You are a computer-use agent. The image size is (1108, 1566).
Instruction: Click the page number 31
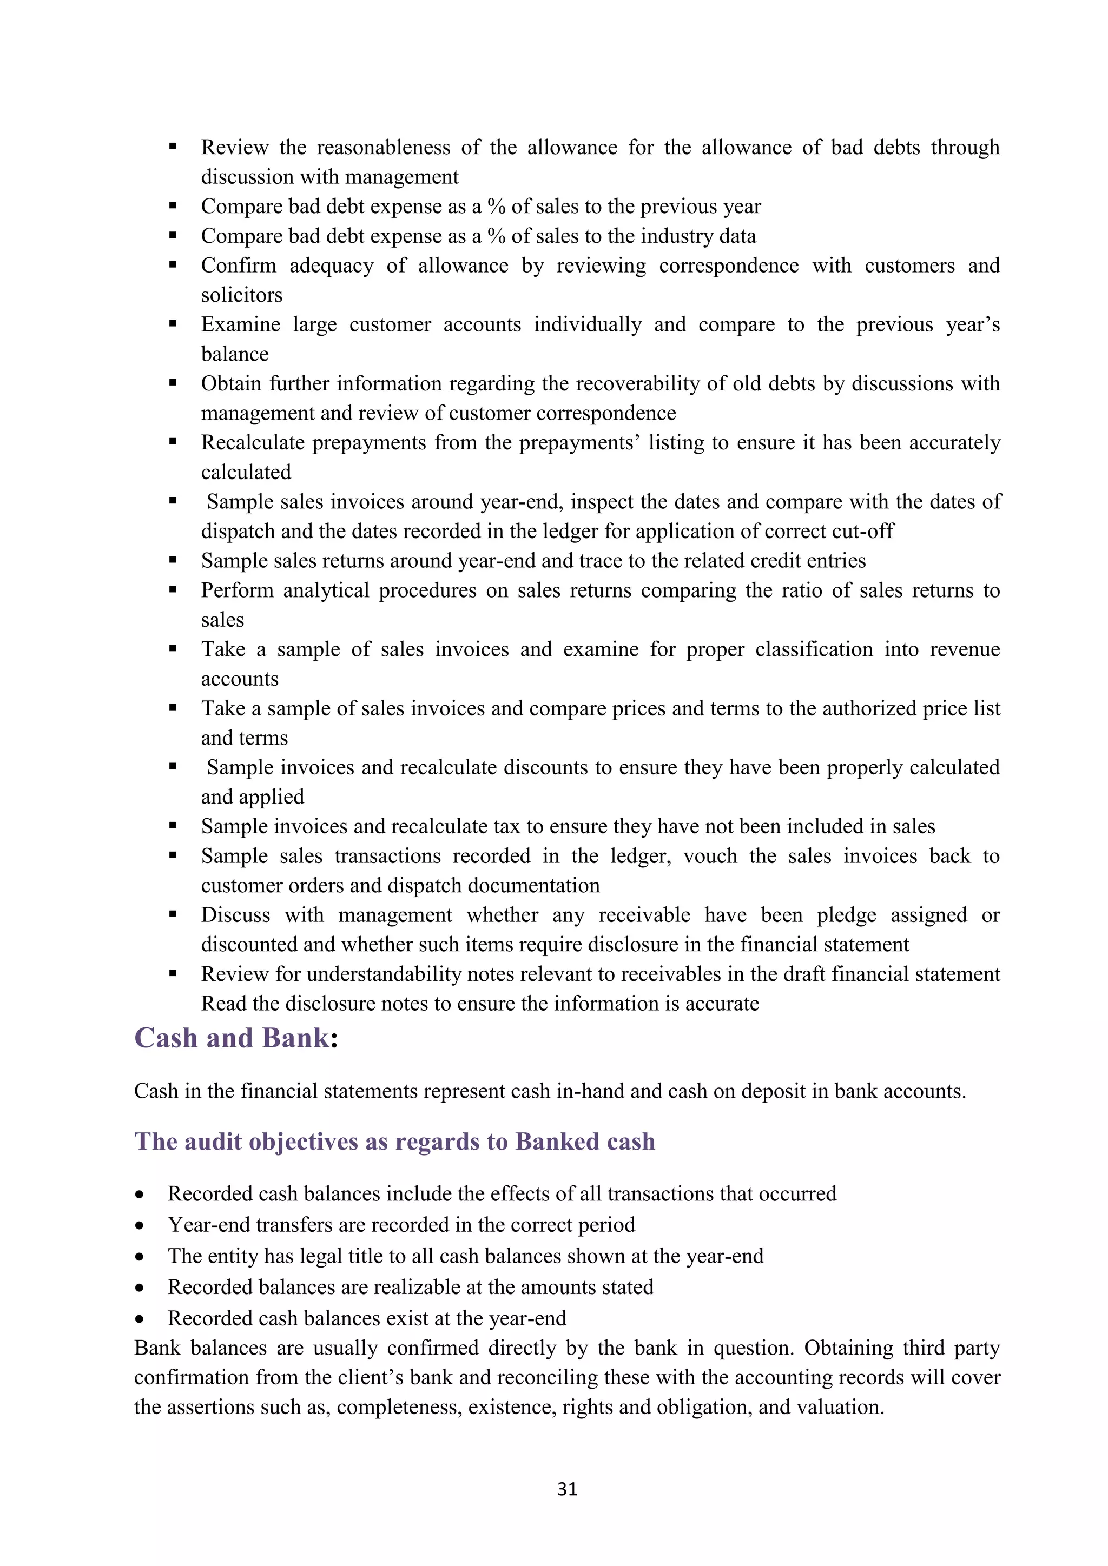click(x=567, y=1489)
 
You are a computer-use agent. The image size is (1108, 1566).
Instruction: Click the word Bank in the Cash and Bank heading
click(x=295, y=1038)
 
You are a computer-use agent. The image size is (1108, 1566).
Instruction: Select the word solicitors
click(x=241, y=295)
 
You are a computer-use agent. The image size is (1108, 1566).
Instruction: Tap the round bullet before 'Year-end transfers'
click(x=140, y=1226)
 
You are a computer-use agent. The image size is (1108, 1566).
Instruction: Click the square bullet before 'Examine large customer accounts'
click(x=173, y=324)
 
